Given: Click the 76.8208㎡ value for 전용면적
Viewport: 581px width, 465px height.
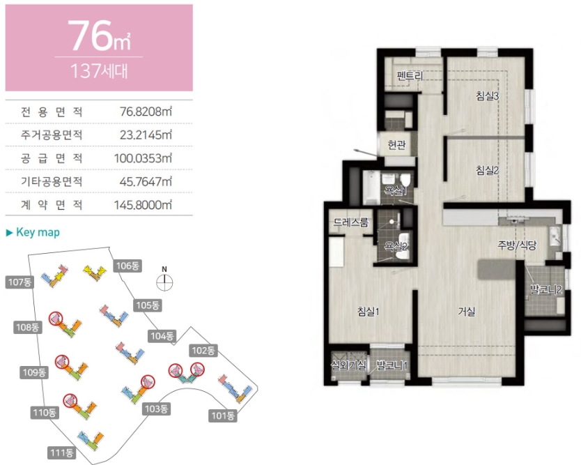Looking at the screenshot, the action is pos(146,112).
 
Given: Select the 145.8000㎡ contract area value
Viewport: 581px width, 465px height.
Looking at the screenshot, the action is pos(143,205).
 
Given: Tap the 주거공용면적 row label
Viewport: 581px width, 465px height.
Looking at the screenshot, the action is pos(52,135).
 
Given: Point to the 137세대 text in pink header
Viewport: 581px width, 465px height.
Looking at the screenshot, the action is pos(99,70).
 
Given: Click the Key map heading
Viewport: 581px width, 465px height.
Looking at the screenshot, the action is pos(33,233).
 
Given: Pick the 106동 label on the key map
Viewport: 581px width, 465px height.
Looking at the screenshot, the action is pos(127,266).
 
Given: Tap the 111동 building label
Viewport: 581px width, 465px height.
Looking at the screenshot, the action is pos(61,452).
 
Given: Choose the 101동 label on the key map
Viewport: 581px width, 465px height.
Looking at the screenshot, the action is pos(222,416).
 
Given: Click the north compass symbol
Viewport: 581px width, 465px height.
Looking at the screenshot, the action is pos(164,282).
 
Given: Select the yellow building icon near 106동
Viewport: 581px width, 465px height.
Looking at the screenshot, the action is pos(94,272).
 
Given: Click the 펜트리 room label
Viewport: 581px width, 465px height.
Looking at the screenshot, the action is pos(410,76).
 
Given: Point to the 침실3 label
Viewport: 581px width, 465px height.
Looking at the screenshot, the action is pos(487,96).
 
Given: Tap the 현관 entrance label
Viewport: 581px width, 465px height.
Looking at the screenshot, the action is pos(396,144).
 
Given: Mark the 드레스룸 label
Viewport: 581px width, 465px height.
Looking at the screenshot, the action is pos(351,222).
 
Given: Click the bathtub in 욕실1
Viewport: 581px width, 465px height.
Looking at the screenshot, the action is pos(371,188).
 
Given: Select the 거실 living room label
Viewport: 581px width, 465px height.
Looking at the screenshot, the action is pos(466,311).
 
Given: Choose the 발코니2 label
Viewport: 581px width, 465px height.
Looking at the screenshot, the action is pos(545,289).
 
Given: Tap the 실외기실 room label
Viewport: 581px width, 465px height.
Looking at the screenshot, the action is pos(348,365).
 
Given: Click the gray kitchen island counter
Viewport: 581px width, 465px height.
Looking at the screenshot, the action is pos(497,270).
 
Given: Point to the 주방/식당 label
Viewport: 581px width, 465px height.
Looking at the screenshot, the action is pos(517,245).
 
